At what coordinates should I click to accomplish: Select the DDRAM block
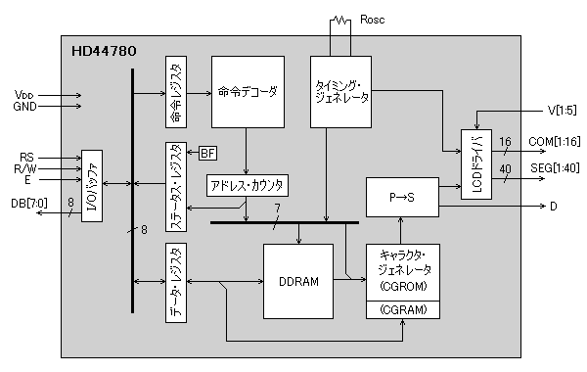[x=297, y=281]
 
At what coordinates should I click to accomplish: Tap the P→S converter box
[x=401, y=198]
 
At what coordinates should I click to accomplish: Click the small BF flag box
[x=208, y=153]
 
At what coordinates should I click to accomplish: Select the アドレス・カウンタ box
[x=248, y=185]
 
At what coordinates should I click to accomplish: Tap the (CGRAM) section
[x=402, y=310]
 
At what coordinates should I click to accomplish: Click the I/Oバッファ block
[x=92, y=186]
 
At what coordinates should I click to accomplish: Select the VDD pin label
[x=24, y=95]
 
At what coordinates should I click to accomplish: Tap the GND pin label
[x=24, y=107]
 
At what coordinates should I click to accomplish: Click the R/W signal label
[x=26, y=167]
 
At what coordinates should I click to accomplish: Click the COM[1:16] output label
[x=555, y=143]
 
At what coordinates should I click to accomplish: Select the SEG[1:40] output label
[x=555, y=169]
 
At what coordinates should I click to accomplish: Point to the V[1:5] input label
[x=561, y=110]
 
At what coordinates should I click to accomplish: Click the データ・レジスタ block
[x=175, y=285]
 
